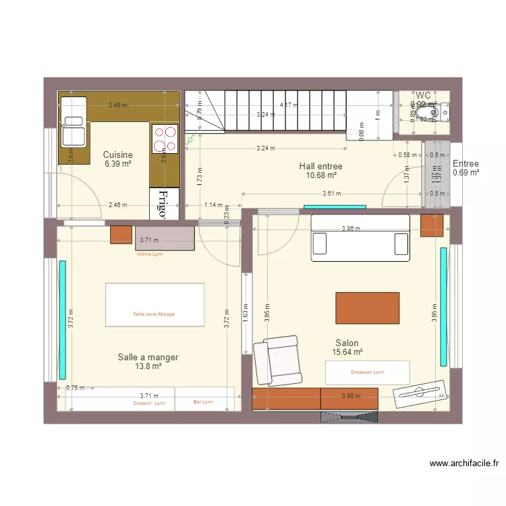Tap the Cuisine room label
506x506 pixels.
[x=117, y=154]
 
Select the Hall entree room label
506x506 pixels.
[x=320, y=166]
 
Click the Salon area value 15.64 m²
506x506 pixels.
[x=347, y=352]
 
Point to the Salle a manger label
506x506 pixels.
[x=148, y=357]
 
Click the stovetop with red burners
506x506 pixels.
[x=165, y=139]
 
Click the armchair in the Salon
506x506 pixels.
[x=276, y=360]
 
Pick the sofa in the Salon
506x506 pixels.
[x=360, y=237]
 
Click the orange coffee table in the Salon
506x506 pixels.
[x=368, y=308]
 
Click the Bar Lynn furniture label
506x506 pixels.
[x=202, y=402]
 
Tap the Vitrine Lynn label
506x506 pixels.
[x=150, y=254]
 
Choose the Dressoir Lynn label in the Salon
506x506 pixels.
[x=367, y=372]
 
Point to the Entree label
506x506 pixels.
[x=466, y=164]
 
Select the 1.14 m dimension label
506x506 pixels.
[x=213, y=205]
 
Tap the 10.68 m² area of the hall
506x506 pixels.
[x=320, y=175]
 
